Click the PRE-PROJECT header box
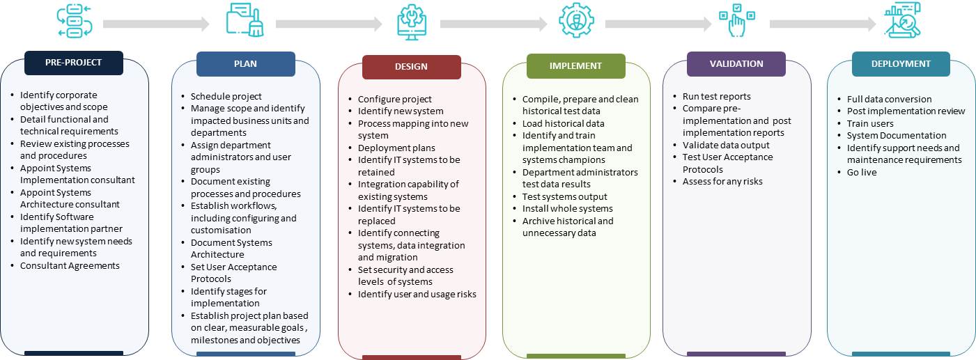[x=74, y=63]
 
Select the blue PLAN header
[x=246, y=64]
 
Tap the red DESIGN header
[x=411, y=67]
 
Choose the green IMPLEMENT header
[x=575, y=65]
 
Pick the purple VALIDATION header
[x=736, y=64]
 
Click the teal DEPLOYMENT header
[x=901, y=64]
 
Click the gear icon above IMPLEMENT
[x=576, y=20]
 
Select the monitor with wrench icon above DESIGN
[x=412, y=22]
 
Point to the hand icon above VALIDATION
[x=737, y=20]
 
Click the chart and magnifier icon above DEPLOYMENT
[x=902, y=20]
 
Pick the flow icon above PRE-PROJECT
[x=75, y=20]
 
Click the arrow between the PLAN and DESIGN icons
[x=329, y=24]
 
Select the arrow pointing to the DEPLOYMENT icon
[x=823, y=24]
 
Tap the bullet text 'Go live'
[x=862, y=173]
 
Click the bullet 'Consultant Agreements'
[x=70, y=265]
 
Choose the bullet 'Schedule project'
[x=226, y=96]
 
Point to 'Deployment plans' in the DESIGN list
[x=396, y=148]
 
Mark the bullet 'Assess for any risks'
[x=722, y=182]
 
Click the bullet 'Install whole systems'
[x=567, y=208]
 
